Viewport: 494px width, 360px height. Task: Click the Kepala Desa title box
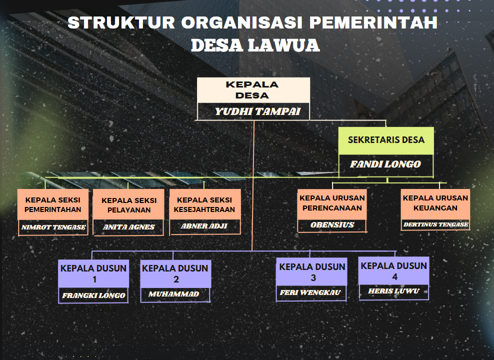[253, 90]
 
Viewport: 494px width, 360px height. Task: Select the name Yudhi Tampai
[257, 111]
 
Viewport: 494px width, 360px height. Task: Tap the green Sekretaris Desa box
[386, 140]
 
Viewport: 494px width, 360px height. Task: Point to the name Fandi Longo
[385, 164]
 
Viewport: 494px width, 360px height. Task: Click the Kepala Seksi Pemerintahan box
[53, 204]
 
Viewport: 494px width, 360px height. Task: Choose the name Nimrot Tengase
[53, 227]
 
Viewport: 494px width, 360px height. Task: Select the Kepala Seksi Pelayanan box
[129, 204]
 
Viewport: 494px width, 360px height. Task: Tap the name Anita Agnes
[129, 227]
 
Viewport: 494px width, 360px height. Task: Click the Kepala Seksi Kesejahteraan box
[204, 204]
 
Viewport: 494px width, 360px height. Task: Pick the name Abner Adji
[204, 226]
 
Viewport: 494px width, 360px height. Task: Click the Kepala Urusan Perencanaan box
[332, 203]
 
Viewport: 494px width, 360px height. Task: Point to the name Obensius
[332, 225]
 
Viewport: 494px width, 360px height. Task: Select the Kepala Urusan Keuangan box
[435, 203]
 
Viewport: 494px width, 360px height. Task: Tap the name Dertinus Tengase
[435, 224]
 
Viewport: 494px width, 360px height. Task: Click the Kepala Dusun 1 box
[93, 273]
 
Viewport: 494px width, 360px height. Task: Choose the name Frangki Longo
[93, 295]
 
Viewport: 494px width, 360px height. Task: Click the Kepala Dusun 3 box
[312, 272]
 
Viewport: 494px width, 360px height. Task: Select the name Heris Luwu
[393, 291]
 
